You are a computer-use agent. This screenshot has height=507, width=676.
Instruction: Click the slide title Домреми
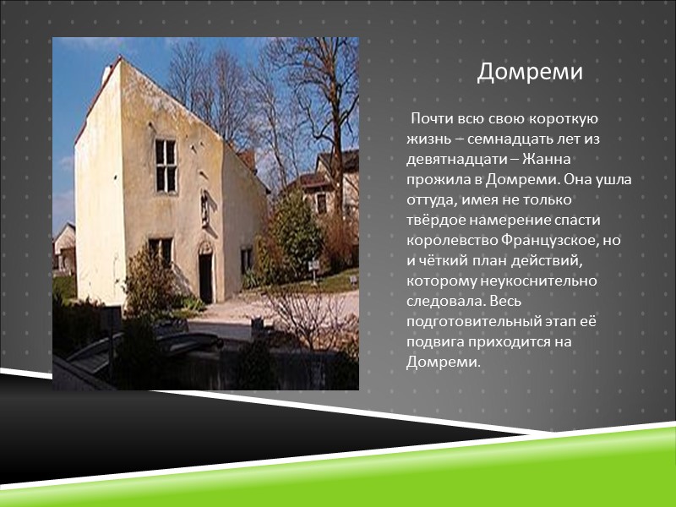coord(530,73)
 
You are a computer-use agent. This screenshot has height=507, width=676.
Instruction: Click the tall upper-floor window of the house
coord(166,165)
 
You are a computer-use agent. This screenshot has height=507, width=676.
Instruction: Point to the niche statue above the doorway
coord(204,208)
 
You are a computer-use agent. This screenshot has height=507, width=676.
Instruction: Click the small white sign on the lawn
coord(313,265)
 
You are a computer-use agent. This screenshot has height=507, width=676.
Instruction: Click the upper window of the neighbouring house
coord(321,202)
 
